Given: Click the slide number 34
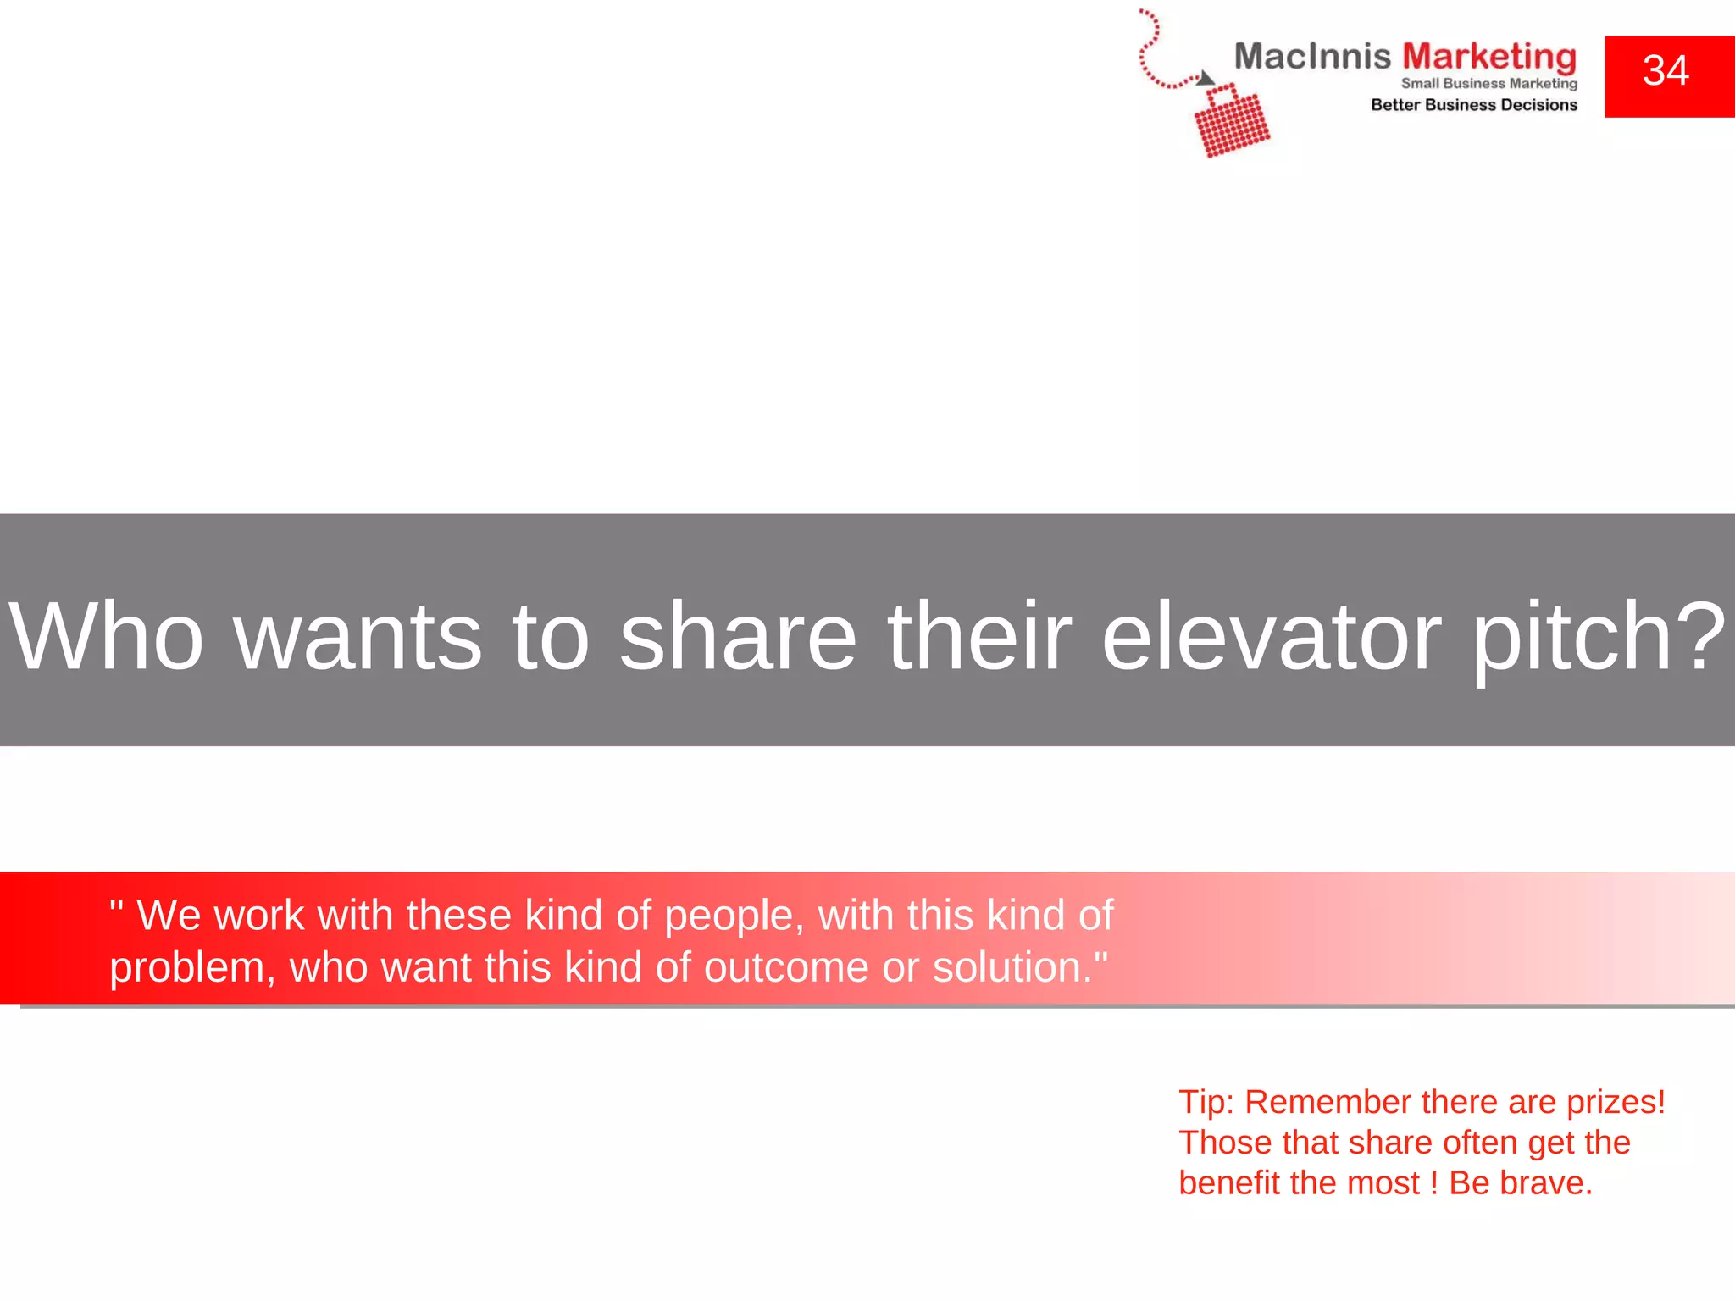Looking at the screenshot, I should point(1666,71).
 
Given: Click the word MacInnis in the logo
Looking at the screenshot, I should point(1312,57).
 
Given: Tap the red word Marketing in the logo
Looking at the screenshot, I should point(1489,57).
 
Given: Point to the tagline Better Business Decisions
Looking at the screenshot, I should point(1474,105).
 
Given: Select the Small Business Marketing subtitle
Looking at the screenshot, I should point(1488,83).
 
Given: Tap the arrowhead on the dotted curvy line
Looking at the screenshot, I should point(1206,79).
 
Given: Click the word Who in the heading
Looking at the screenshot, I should point(106,636).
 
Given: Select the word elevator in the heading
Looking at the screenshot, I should point(1271,636).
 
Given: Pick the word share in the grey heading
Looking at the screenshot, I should point(738,636).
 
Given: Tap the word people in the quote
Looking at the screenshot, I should point(734,916).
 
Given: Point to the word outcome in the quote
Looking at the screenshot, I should point(786,968).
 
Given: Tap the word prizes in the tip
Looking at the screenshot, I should point(1615,1102).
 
